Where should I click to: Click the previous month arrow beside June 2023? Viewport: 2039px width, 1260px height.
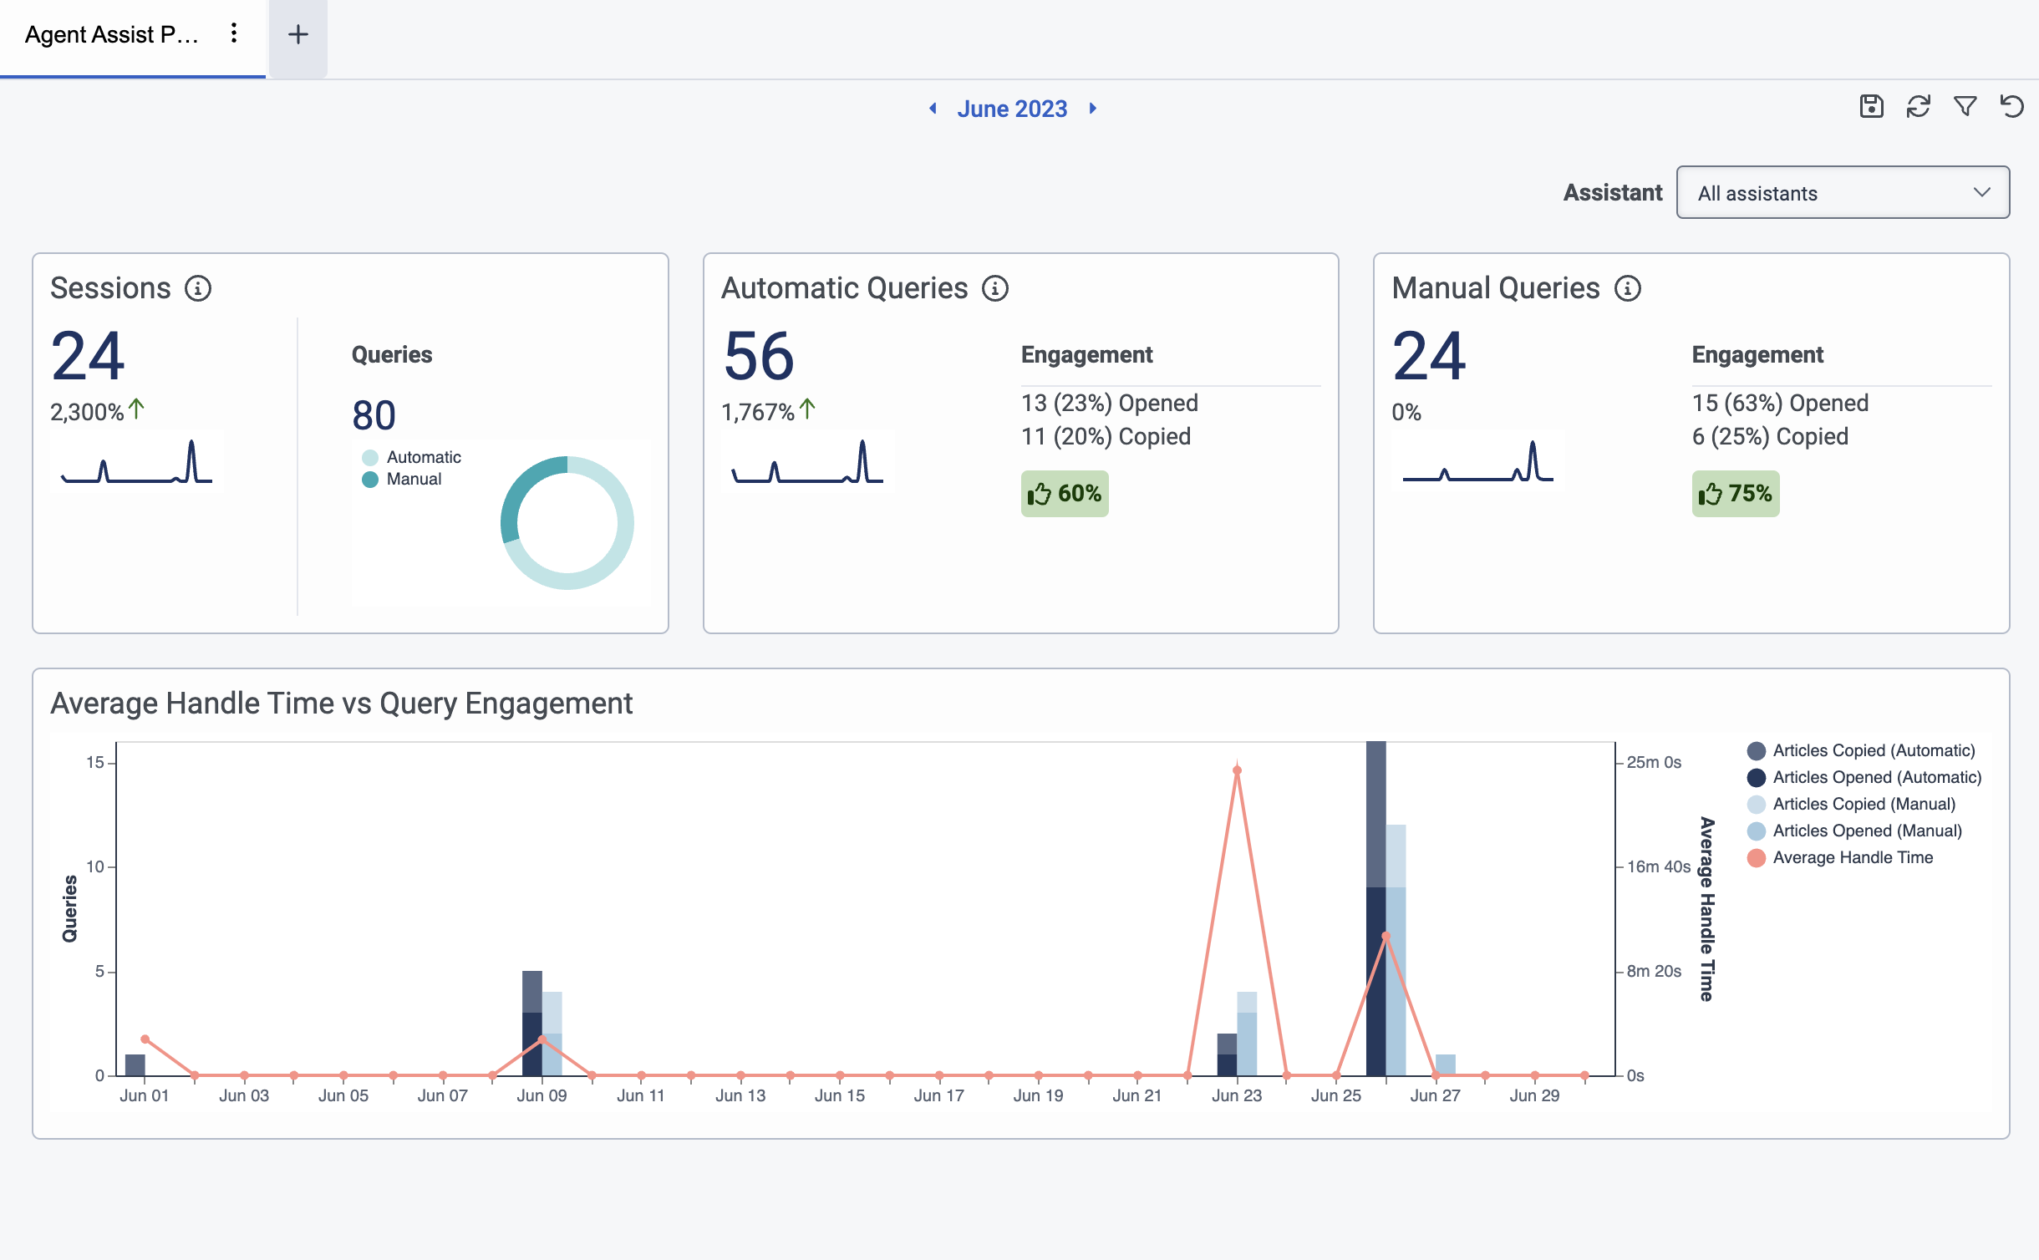933,109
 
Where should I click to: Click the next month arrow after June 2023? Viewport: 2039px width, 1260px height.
1092,109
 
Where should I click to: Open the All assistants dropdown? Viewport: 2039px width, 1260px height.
1843,193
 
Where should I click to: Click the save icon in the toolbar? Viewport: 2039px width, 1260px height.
1871,107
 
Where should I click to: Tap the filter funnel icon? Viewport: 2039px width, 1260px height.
1965,107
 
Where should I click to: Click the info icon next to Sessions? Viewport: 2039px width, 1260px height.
198,288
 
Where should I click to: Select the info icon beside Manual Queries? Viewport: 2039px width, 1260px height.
1627,288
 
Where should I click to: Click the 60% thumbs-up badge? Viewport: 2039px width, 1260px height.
1064,494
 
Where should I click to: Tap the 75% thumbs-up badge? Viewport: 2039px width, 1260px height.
1735,494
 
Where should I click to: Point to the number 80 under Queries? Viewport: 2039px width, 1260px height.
374,415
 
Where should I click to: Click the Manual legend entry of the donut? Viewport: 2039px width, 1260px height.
413,480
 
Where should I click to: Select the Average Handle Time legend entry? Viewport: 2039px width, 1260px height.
1852,857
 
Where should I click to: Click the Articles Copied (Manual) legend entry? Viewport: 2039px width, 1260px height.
1864,804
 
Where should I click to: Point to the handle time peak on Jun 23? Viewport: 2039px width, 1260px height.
1237,770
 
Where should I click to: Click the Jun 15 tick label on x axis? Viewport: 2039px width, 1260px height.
839,1095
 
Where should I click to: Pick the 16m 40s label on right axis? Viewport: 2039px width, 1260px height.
1658,867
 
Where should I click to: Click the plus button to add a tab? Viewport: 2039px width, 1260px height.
298,35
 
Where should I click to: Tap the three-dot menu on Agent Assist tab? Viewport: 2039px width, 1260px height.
234,33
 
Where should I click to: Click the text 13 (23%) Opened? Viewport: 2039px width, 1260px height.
1109,404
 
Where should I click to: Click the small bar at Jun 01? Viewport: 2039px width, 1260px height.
135,1065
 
